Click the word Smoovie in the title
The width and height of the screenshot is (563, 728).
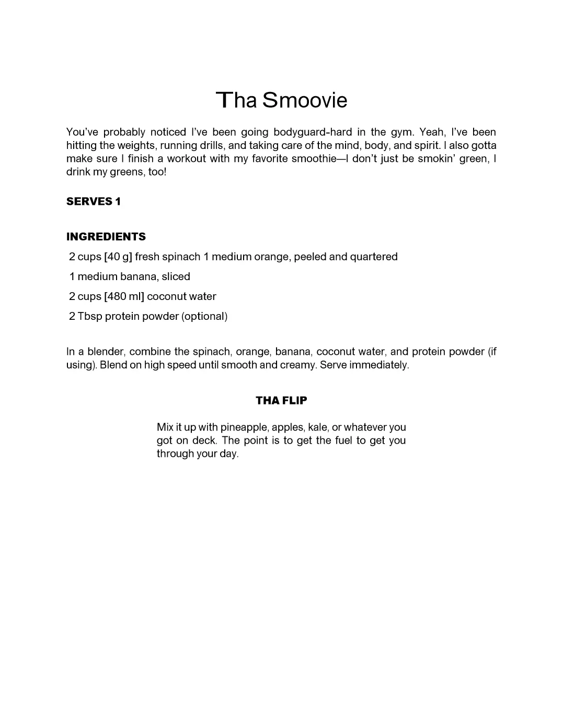[x=305, y=100]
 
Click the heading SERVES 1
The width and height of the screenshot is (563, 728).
[x=94, y=202]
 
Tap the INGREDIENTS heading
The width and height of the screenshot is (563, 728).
[x=106, y=237]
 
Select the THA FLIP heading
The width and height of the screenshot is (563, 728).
[x=281, y=400]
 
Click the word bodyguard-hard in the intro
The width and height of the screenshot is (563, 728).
[x=313, y=132]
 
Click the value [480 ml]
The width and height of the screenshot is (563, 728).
[x=124, y=297]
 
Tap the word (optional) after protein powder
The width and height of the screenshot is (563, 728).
[x=204, y=317]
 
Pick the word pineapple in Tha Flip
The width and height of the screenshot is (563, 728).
[x=244, y=427]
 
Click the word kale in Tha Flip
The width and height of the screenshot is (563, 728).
[x=317, y=427]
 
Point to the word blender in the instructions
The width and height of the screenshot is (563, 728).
[x=105, y=352]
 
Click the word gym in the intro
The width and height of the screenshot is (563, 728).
[x=402, y=133]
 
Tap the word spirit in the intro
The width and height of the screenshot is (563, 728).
[x=427, y=146]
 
